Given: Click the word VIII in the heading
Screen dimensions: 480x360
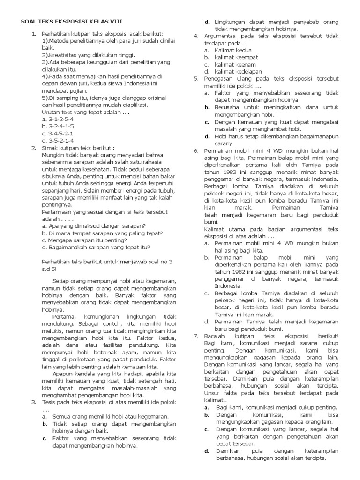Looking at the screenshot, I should click(x=118, y=22).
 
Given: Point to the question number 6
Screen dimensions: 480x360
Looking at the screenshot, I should click(x=196, y=150).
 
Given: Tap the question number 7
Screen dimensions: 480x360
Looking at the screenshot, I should click(x=196, y=336).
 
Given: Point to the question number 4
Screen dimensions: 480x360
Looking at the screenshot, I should click(x=196, y=36).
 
